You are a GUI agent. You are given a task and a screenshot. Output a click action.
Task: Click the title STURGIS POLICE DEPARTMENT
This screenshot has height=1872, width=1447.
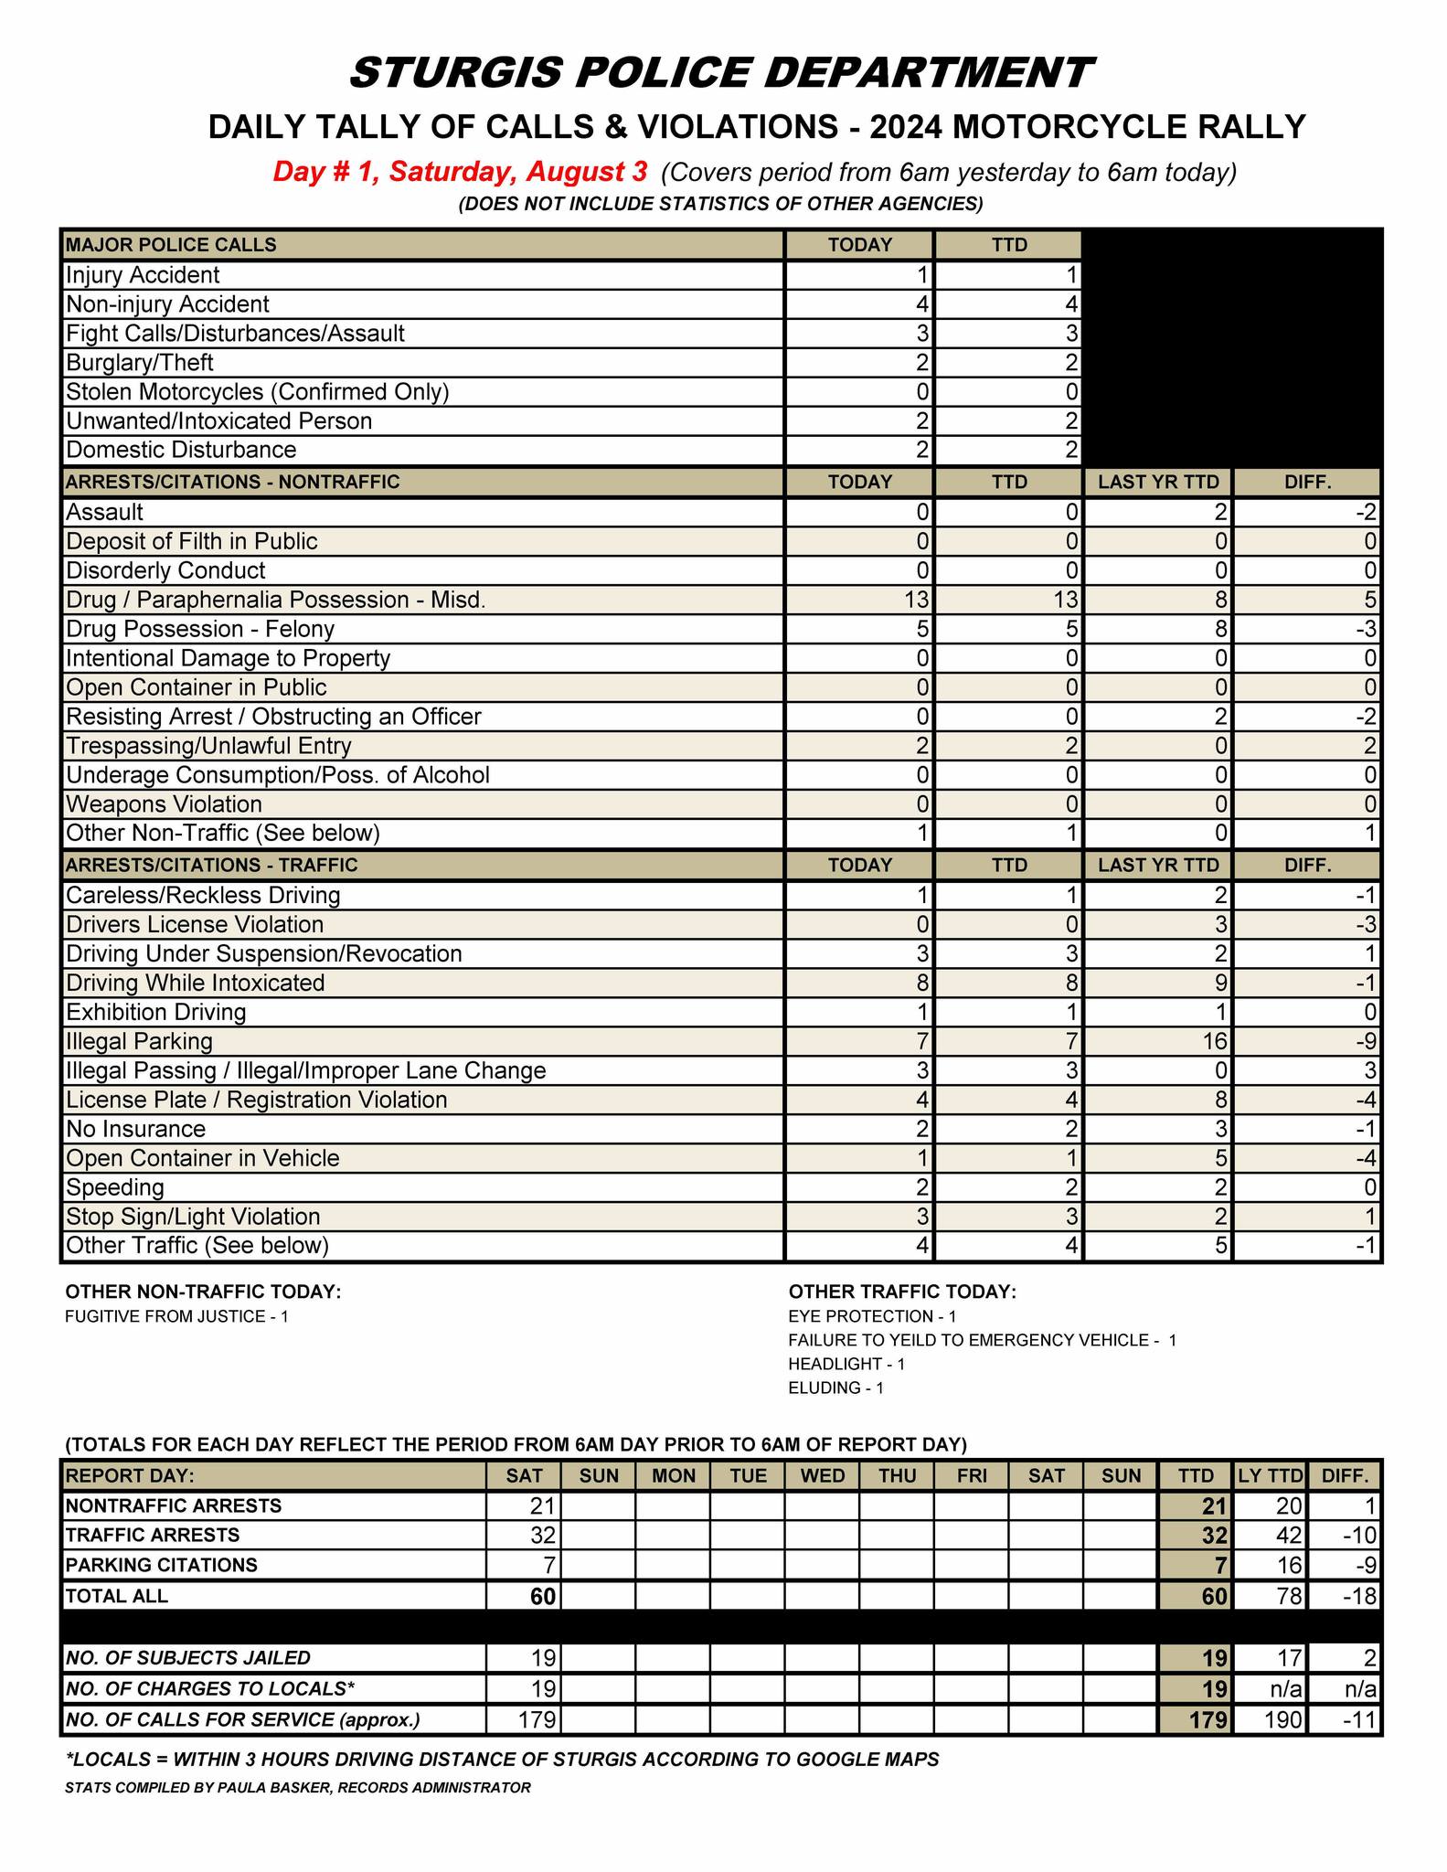point(721,73)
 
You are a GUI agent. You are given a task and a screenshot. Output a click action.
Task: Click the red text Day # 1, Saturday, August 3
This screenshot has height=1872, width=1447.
point(461,172)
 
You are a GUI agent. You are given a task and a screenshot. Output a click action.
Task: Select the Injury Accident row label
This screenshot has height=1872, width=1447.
point(143,275)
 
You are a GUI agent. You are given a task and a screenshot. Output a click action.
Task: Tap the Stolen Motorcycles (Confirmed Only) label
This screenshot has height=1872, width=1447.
point(258,392)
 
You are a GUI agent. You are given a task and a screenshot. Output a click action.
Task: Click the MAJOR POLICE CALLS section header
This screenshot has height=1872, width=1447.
point(171,245)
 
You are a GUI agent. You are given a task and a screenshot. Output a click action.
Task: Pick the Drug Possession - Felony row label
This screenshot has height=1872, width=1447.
point(200,629)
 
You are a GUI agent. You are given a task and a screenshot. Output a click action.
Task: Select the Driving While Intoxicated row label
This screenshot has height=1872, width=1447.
point(196,984)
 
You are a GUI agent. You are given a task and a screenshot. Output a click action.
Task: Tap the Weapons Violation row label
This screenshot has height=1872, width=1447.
point(165,804)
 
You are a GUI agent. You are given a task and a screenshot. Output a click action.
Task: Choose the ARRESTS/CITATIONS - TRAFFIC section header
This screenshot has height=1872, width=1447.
point(212,865)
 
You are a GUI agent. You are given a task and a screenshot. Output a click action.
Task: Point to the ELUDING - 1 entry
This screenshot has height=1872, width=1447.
point(835,1388)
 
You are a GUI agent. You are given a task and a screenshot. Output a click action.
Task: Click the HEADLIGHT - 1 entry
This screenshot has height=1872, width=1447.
point(846,1364)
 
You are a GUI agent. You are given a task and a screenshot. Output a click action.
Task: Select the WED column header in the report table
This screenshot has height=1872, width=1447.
point(822,1475)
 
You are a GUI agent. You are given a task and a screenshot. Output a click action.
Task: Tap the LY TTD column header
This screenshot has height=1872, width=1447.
point(1270,1475)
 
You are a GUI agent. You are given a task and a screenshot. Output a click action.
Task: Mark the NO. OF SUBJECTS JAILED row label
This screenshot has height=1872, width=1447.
point(188,1658)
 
